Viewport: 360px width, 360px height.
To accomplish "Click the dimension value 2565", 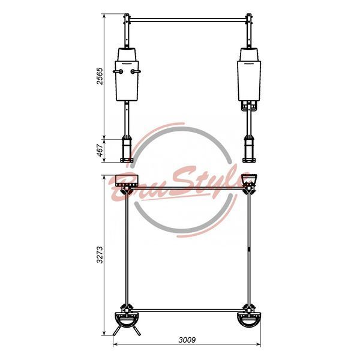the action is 100,76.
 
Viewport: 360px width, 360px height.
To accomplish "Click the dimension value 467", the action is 100,151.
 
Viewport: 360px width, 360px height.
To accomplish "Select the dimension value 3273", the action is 100,254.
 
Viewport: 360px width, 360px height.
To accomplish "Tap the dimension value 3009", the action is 187,340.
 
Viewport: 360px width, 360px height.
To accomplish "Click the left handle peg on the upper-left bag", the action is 118,71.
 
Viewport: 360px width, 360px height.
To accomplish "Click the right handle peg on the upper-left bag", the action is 136,71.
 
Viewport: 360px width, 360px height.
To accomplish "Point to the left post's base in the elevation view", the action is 127,149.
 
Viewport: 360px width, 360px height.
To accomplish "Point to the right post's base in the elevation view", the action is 249,149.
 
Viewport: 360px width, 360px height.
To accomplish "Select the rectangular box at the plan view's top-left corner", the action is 127,181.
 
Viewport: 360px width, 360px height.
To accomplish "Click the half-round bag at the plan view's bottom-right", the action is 249,320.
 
